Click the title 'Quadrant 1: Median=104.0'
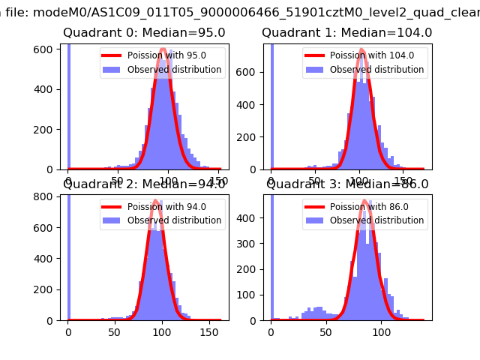tap(346, 33)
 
